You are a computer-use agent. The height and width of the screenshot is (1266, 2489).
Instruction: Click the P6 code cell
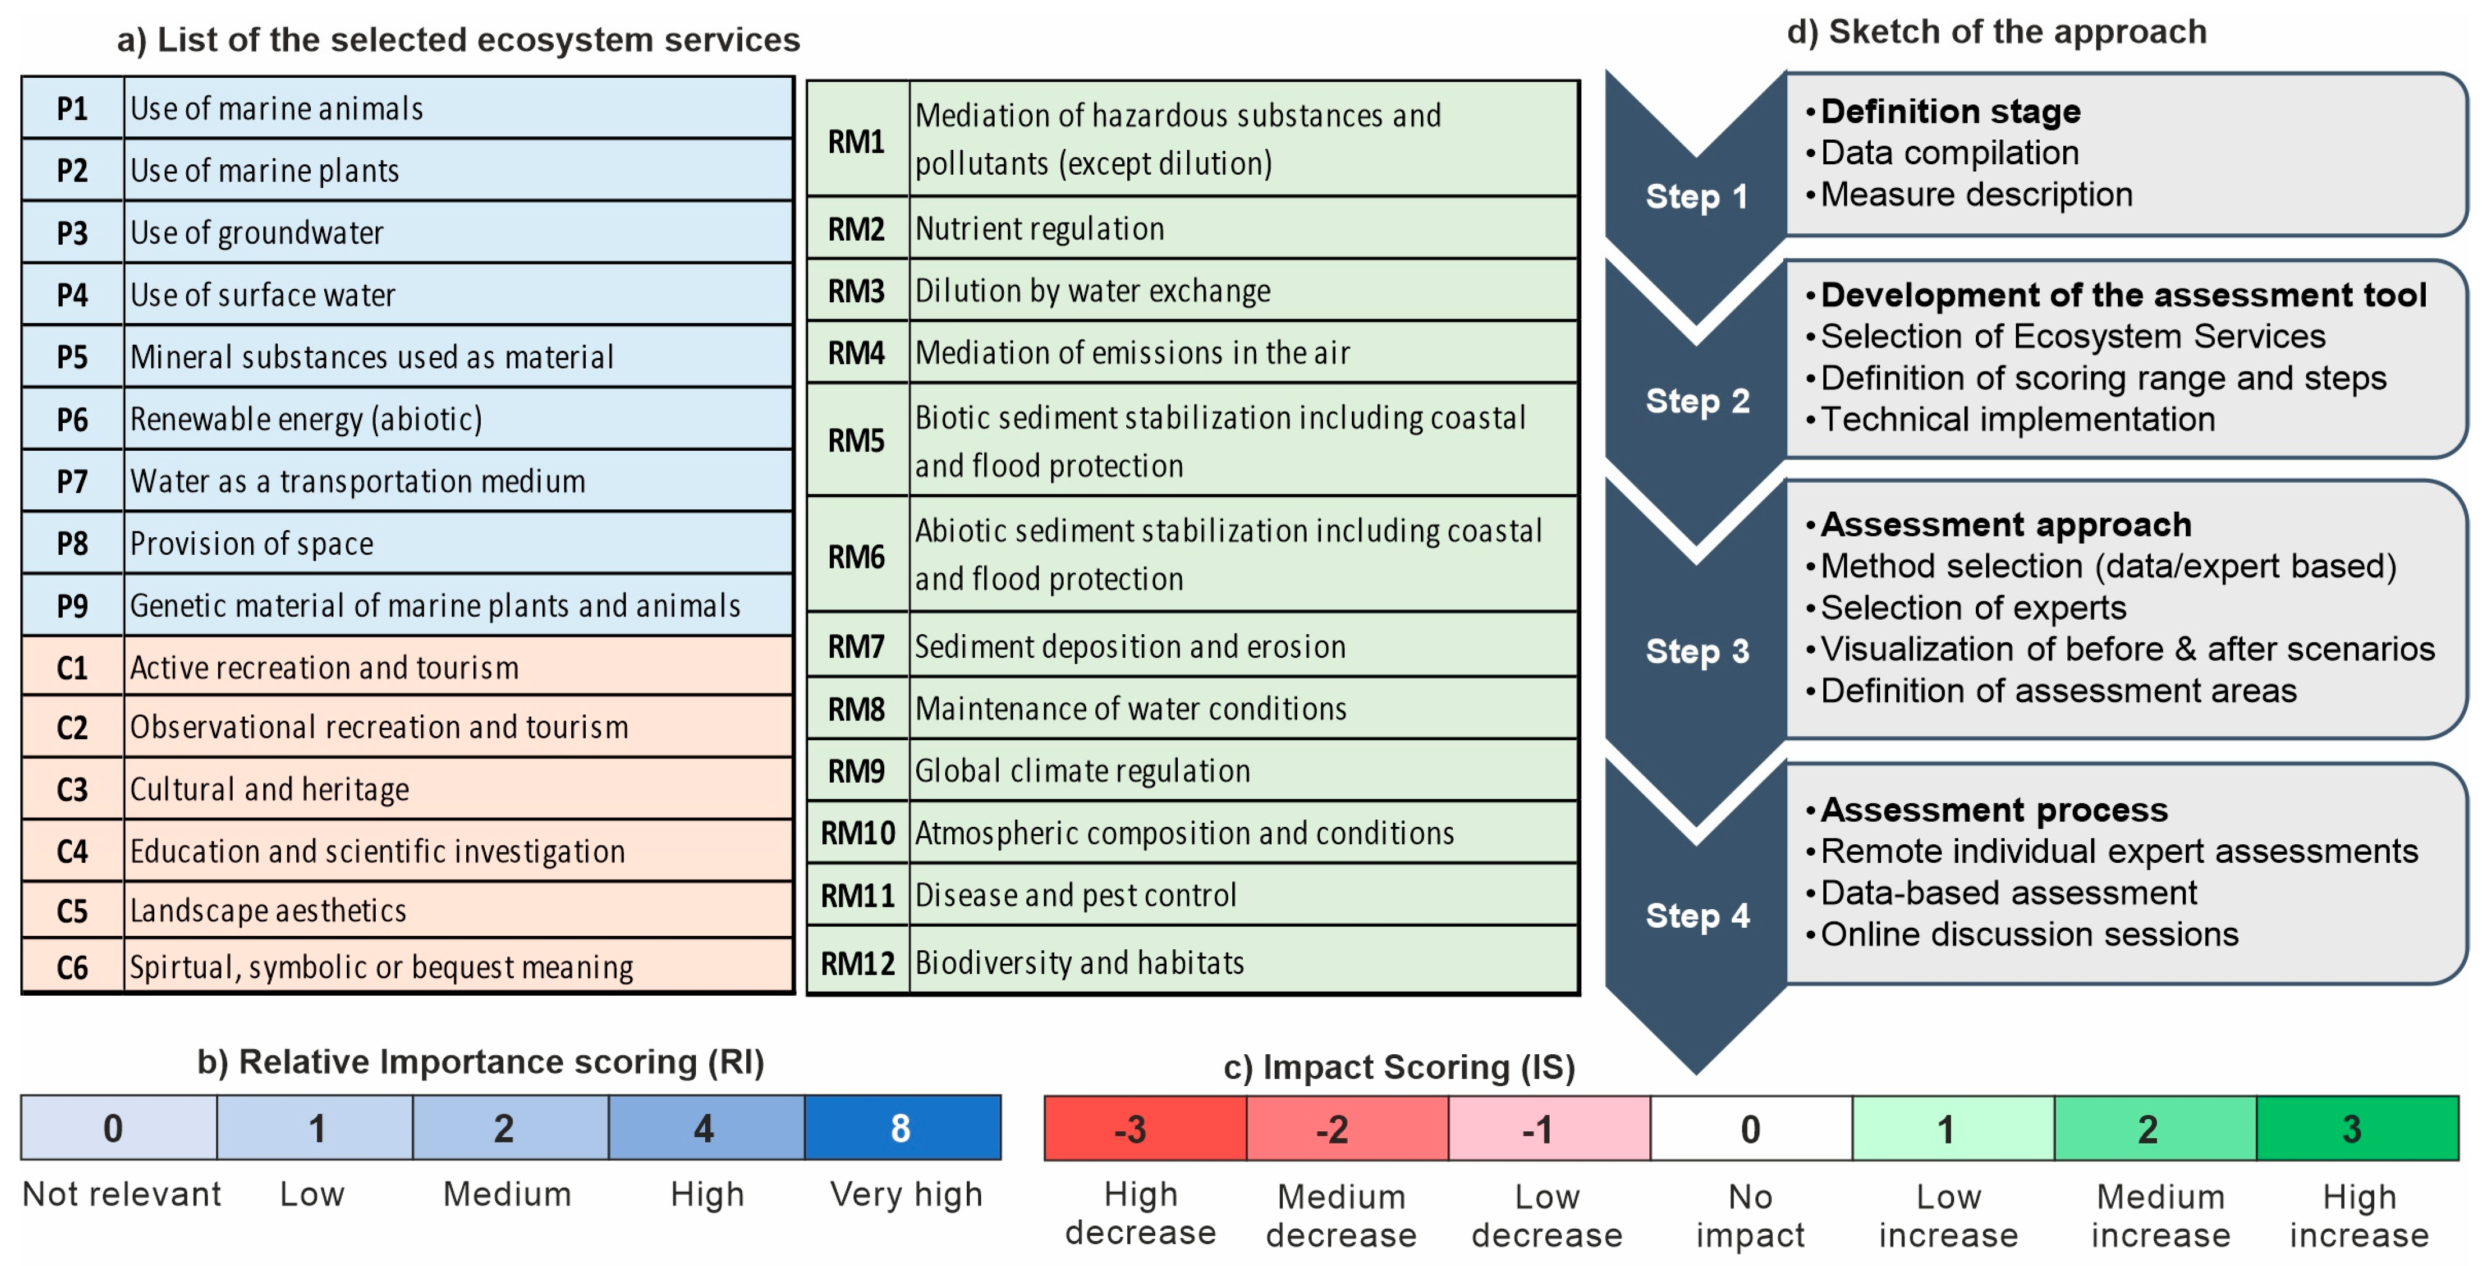(x=72, y=419)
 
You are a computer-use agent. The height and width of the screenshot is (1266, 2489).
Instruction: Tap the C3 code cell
(x=72, y=790)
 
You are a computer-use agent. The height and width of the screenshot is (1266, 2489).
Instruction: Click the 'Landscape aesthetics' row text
(x=269, y=910)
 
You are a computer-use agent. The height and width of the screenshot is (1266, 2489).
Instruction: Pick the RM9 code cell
(x=856, y=771)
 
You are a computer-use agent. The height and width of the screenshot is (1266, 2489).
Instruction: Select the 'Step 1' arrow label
(x=1697, y=197)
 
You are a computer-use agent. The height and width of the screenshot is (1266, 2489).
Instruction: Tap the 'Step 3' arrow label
(x=1697, y=652)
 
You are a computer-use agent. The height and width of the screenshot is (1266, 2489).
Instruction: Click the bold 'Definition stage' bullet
(x=1950, y=112)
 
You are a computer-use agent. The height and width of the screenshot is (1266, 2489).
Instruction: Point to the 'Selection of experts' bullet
(x=1973, y=608)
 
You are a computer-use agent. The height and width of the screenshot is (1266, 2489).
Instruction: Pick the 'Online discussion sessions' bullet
(x=2029, y=935)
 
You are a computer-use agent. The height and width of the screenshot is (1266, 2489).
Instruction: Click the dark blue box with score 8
(x=902, y=1128)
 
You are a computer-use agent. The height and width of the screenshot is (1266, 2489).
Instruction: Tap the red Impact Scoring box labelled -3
(x=1144, y=1128)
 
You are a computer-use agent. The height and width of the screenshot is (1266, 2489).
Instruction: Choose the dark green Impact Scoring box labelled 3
(x=2357, y=1128)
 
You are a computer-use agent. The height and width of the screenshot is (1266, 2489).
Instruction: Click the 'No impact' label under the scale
(x=1750, y=1216)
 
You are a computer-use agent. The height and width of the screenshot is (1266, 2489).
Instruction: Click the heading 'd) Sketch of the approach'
(x=1996, y=32)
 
